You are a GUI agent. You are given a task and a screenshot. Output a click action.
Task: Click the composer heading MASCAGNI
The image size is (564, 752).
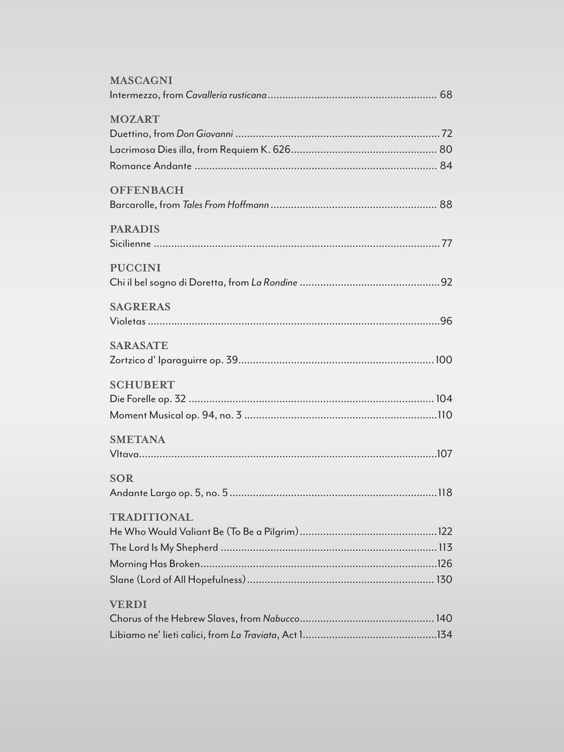(141, 81)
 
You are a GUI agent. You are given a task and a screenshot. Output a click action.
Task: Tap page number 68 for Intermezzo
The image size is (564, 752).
(446, 95)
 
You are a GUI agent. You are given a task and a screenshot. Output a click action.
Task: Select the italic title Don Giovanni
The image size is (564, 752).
(204, 134)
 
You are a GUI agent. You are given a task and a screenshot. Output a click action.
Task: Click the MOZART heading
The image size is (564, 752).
(134, 119)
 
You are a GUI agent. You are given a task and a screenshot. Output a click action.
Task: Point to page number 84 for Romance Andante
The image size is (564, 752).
(446, 166)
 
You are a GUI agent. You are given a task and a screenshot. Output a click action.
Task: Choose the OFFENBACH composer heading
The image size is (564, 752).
(147, 191)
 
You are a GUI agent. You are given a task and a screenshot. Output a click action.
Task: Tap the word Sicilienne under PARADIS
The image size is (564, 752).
(130, 243)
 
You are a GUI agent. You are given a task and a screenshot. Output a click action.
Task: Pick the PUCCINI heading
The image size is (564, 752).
(135, 268)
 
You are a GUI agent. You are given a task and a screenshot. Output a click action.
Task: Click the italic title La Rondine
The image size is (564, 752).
(274, 283)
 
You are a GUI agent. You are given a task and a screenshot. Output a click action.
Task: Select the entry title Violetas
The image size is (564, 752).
(127, 321)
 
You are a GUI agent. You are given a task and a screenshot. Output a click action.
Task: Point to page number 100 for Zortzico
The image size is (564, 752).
(444, 360)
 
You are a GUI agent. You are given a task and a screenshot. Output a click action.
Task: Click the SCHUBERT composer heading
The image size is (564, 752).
(142, 385)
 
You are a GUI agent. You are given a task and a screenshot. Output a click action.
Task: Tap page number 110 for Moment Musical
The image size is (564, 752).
(445, 415)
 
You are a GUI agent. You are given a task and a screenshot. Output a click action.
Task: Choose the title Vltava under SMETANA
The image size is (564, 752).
(124, 454)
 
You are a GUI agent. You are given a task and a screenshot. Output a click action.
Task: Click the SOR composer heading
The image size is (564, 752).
(121, 478)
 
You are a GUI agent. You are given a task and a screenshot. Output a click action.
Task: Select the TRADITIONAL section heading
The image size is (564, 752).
(151, 517)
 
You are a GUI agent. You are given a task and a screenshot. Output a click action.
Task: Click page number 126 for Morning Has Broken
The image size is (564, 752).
(445, 564)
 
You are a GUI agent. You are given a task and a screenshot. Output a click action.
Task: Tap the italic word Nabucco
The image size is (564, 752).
(281, 619)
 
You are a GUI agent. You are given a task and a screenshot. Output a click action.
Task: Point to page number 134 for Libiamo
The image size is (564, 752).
(445, 634)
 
